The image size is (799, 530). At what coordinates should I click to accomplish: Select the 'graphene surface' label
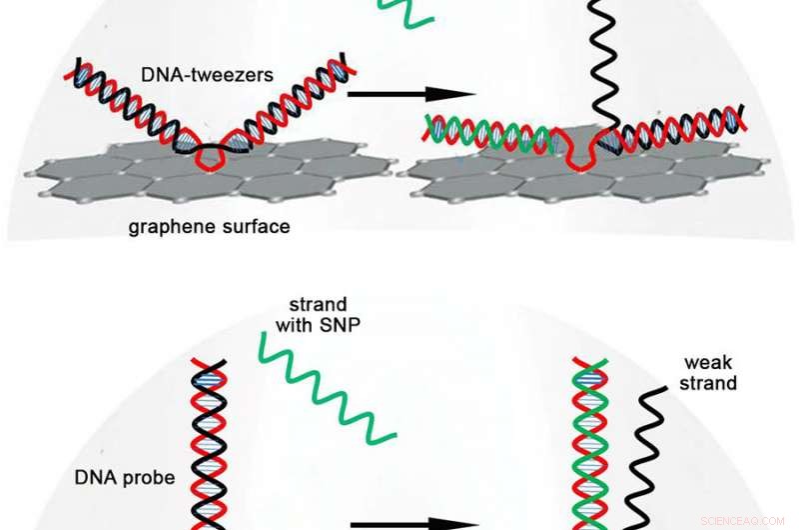click(209, 227)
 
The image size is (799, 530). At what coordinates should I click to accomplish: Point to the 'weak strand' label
click(710, 371)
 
